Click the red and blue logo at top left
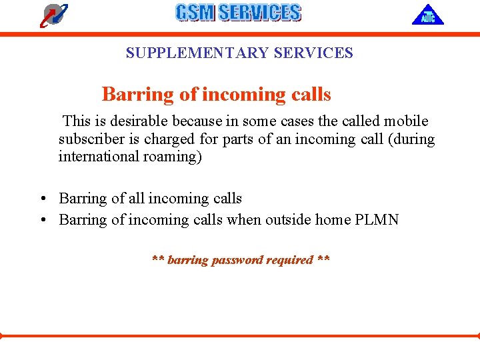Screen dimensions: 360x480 pyautogui.click(x=54, y=15)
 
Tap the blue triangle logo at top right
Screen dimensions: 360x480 pyautogui.click(x=427, y=15)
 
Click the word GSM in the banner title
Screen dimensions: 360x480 pyautogui.click(x=195, y=13)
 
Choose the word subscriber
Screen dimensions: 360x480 pyautogui.click(x=89, y=139)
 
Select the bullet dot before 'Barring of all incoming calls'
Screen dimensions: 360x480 pyautogui.click(x=42, y=199)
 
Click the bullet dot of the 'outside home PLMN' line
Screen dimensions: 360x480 pyautogui.click(x=42, y=221)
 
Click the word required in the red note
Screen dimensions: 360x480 pyautogui.click(x=289, y=260)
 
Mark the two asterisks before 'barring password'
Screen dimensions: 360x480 pyautogui.click(x=158, y=260)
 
